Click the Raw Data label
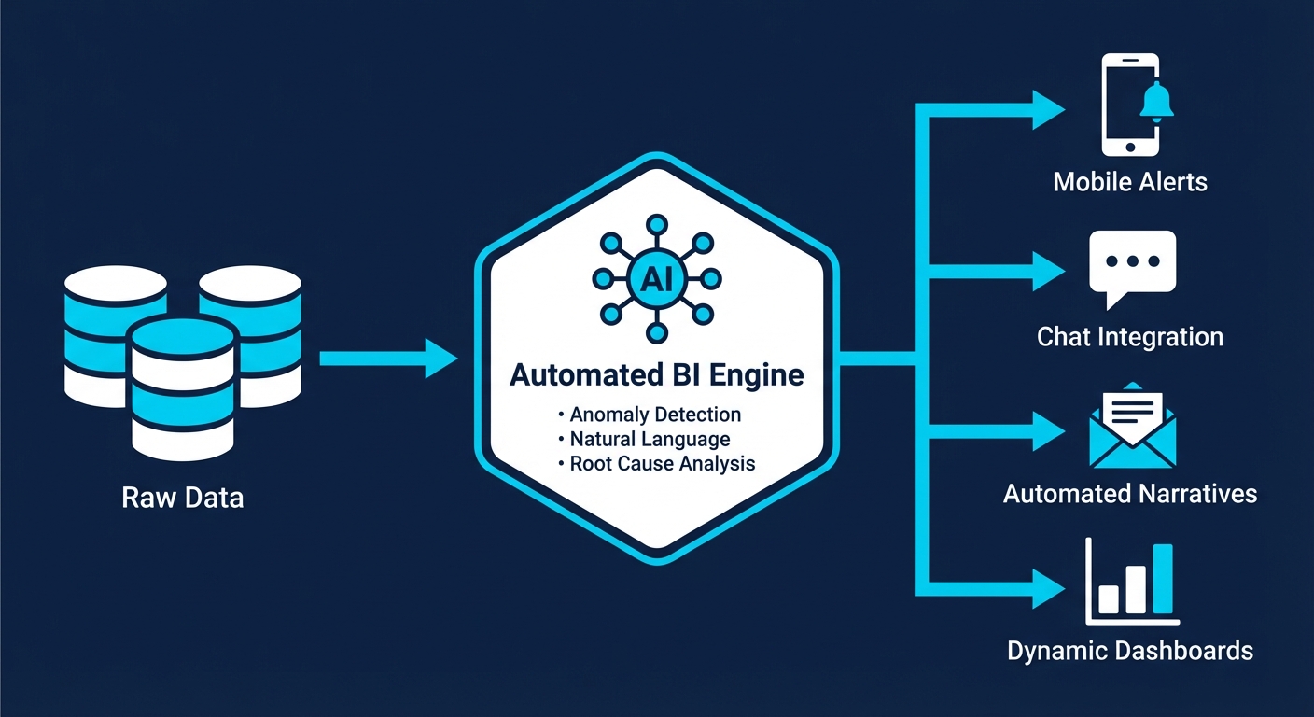tap(183, 498)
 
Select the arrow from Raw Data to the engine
tap(387, 358)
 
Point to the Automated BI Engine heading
tap(656, 375)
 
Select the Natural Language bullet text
tap(650, 439)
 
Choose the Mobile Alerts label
tap(1130, 181)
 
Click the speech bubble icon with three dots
tap(1132, 265)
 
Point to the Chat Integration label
tap(1130, 336)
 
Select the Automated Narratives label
tap(1130, 493)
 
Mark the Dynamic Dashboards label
tap(1130, 650)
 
